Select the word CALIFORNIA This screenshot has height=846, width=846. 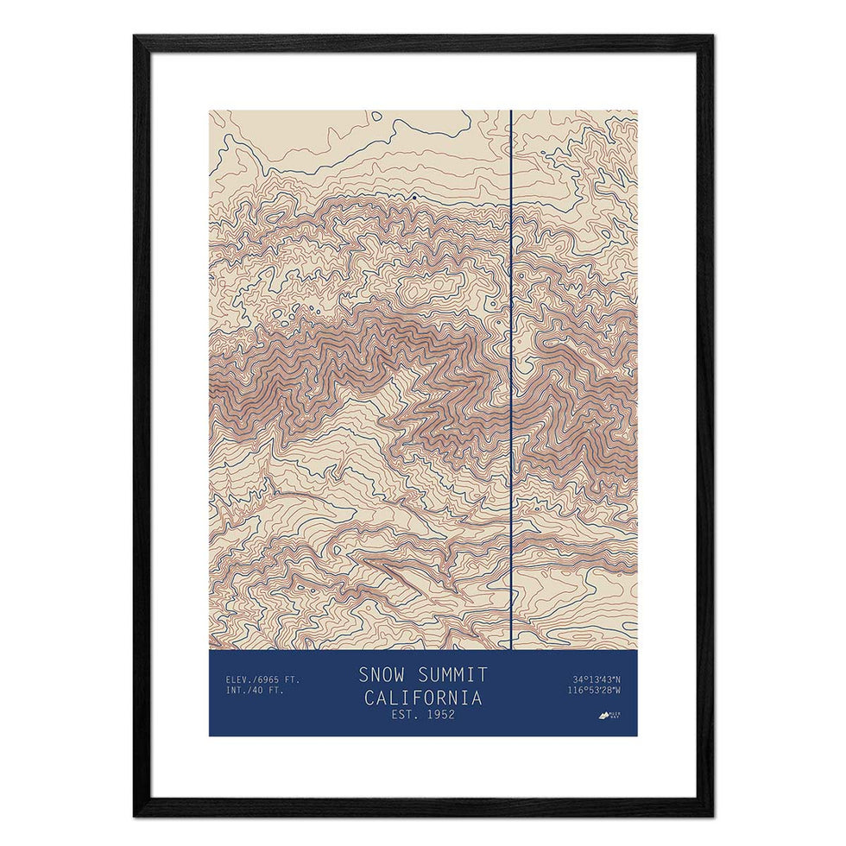[x=423, y=697]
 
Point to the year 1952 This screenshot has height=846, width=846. [x=439, y=714]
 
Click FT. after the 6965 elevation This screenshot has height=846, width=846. [x=295, y=679]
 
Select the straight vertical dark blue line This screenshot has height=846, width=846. [x=511, y=380]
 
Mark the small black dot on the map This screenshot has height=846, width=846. [x=414, y=197]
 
